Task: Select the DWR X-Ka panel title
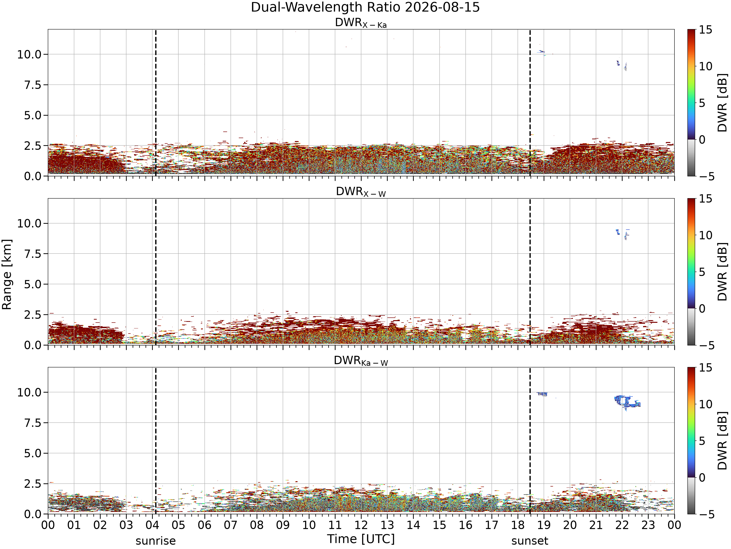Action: pos(361,23)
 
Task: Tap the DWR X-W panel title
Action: pos(361,192)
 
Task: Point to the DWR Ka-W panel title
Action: pos(361,361)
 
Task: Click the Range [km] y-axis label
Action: pos(7,274)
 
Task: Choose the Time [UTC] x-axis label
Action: pos(361,539)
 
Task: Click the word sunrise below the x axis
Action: pos(156,541)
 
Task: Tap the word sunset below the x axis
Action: pos(530,541)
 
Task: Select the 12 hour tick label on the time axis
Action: pos(361,525)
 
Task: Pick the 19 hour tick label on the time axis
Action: pos(544,525)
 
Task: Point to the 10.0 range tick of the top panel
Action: pos(29,54)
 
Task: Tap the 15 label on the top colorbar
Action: pos(705,30)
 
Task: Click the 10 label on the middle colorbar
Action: pos(705,235)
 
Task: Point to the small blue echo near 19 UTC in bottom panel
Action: pos(542,394)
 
